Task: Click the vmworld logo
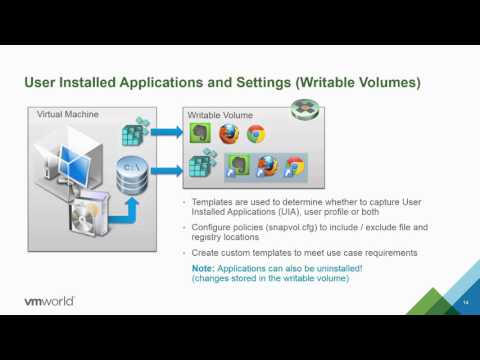52,300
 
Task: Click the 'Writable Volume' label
220,116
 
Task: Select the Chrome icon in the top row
256,134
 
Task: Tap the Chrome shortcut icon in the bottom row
293,166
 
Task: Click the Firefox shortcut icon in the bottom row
266,166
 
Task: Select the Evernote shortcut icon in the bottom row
238,165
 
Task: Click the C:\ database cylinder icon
132,180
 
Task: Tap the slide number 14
466,302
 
